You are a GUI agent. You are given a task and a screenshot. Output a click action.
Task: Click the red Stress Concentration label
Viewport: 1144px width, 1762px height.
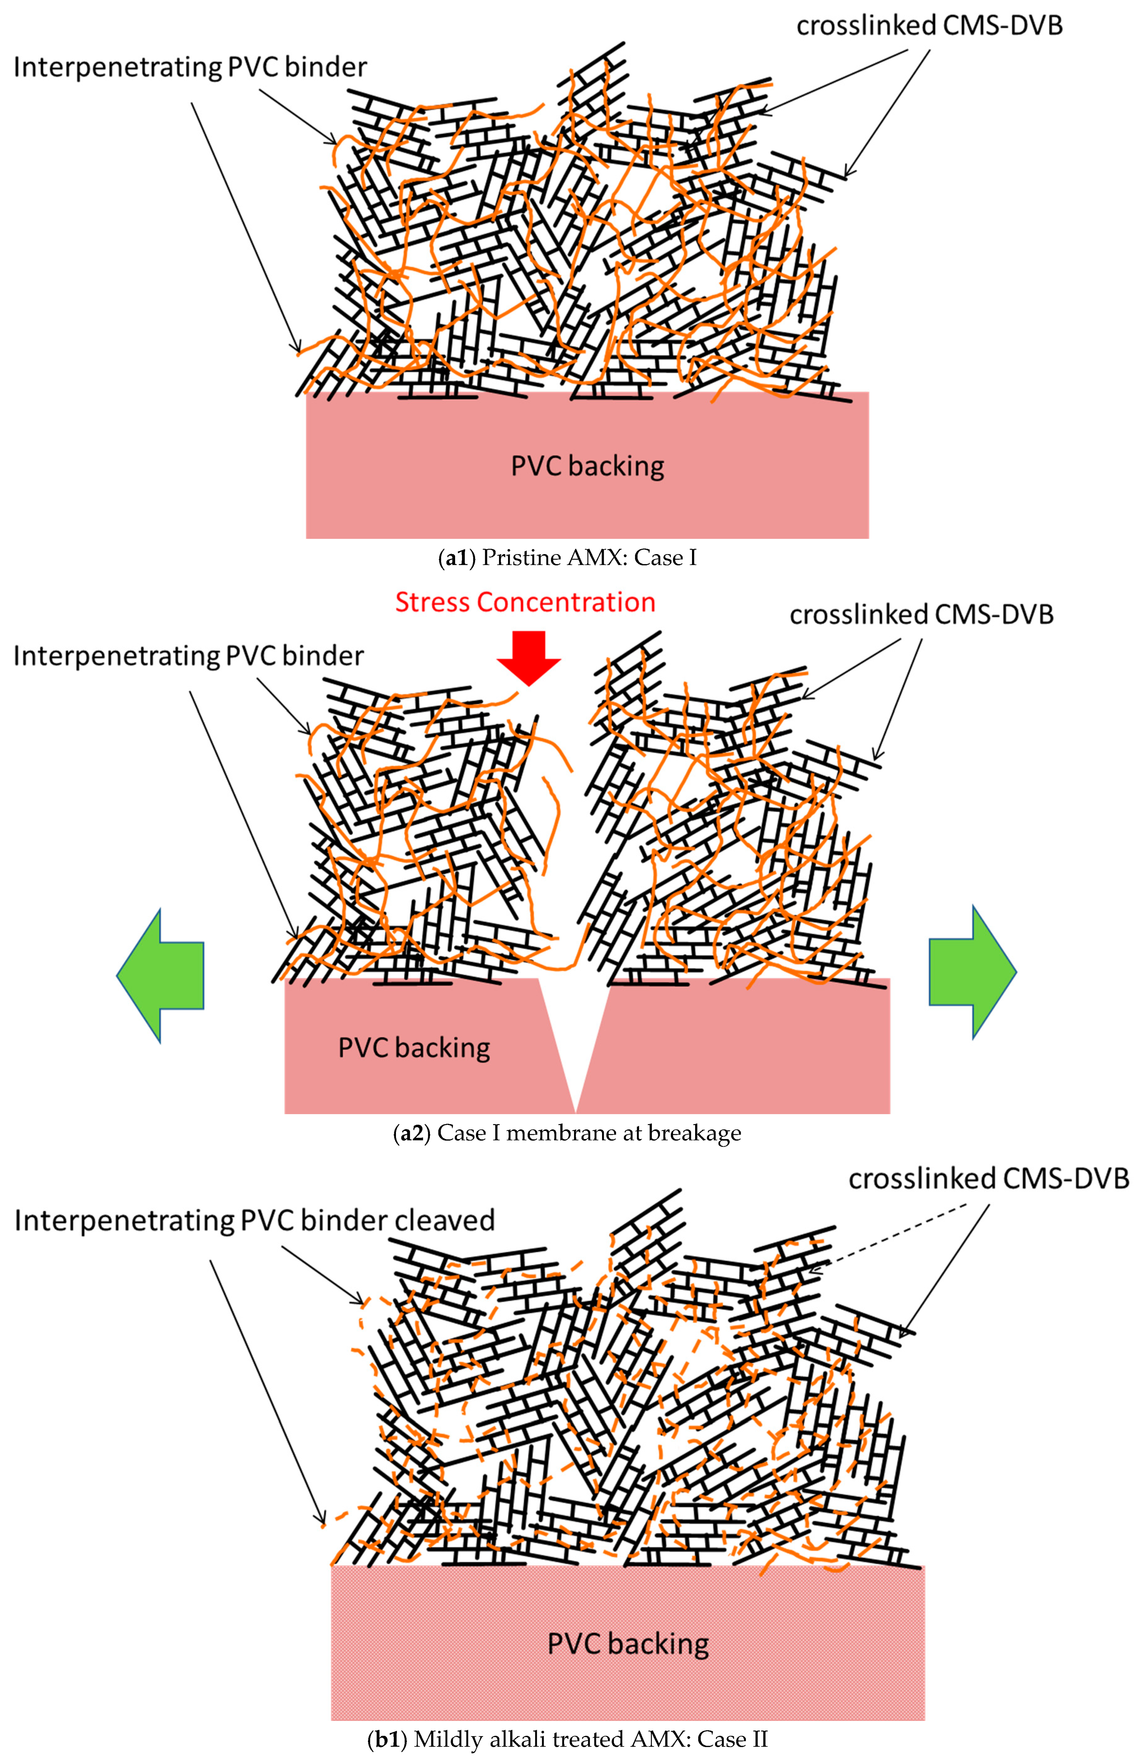(x=525, y=602)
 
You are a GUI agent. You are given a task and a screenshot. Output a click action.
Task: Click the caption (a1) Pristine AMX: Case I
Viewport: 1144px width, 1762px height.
(x=568, y=558)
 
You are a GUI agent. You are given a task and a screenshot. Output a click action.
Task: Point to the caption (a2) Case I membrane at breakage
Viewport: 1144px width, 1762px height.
(x=567, y=1133)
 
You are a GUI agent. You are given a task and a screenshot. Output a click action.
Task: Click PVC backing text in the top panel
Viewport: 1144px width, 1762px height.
(x=588, y=467)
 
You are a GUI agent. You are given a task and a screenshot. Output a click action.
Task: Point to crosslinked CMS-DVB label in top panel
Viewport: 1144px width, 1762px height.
(x=929, y=26)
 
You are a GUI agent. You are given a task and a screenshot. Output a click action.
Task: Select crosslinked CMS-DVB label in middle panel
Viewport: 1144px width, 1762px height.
(x=921, y=614)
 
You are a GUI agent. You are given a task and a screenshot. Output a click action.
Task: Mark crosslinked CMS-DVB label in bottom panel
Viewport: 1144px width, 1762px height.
(x=989, y=1178)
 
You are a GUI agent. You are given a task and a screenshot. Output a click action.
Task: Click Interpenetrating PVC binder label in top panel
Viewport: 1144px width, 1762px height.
(x=190, y=67)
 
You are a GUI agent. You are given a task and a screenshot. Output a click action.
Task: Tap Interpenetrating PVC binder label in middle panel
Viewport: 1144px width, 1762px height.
(x=189, y=656)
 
